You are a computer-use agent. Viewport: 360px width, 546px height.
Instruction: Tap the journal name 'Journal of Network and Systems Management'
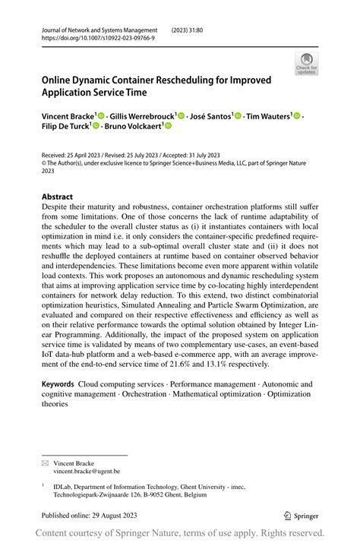click(99, 30)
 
